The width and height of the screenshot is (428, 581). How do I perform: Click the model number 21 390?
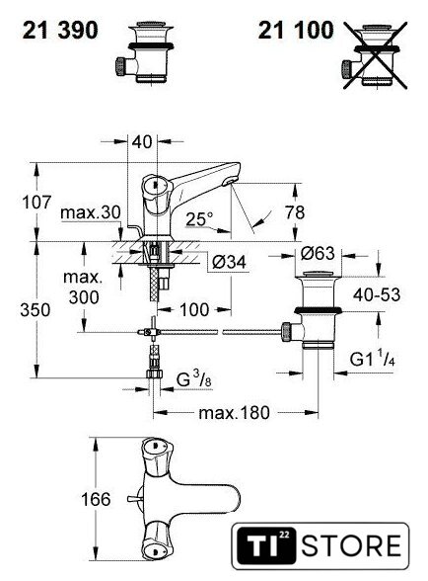coord(60,30)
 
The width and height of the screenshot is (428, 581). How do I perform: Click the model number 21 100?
coord(296,30)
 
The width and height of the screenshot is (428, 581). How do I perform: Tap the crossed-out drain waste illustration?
coord(375,55)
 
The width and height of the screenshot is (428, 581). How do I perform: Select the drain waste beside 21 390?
coord(144,53)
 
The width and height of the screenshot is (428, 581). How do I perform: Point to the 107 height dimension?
coord(36,203)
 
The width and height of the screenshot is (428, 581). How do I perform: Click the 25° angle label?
coord(200,219)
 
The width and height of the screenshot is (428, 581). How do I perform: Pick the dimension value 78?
coord(295,212)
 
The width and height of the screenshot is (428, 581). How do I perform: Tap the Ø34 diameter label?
coord(230,262)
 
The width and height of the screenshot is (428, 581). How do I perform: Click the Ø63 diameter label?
coord(318,253)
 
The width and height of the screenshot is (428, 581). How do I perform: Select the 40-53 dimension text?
coord(377,294)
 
